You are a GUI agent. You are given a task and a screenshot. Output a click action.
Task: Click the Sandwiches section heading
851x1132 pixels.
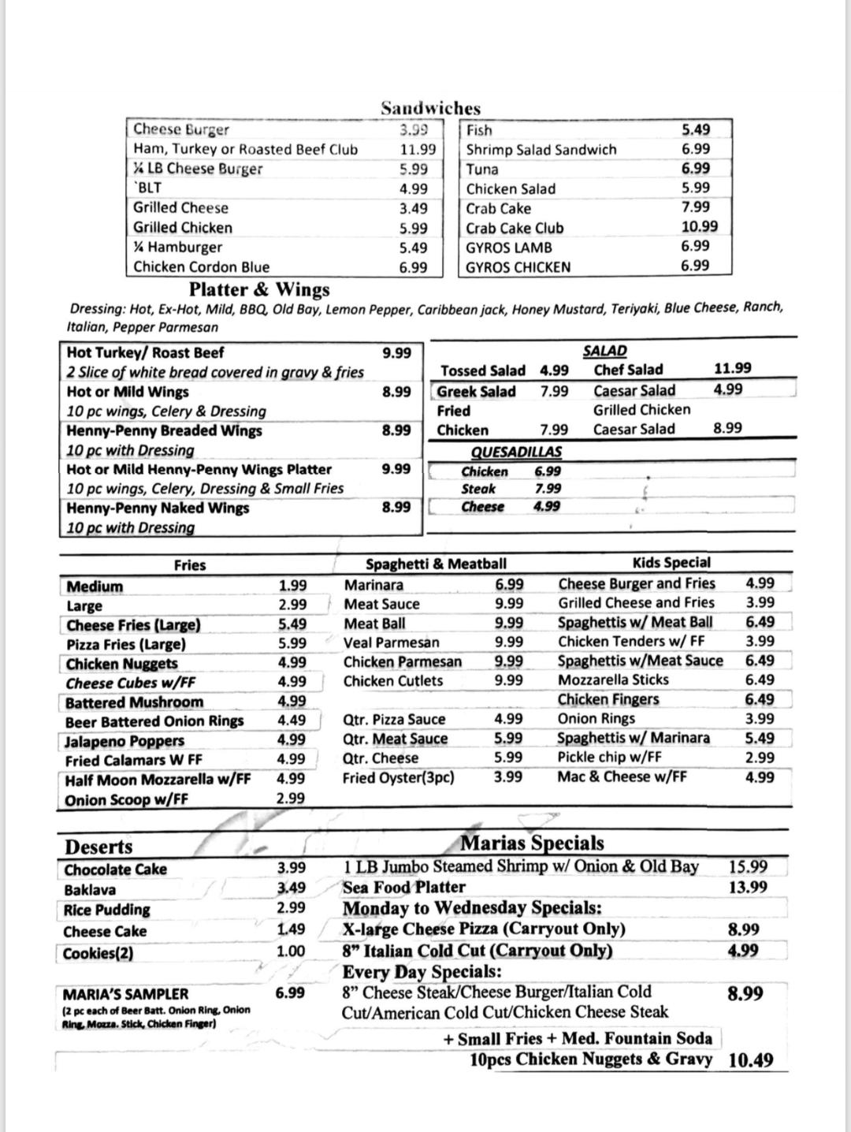pos(430,108)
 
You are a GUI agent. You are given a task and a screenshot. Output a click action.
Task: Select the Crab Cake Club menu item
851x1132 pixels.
pos(515,228)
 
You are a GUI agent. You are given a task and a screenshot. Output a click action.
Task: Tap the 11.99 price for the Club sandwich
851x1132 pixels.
pos(418,149)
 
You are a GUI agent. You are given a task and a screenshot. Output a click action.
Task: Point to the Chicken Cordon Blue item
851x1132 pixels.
pos(201,266)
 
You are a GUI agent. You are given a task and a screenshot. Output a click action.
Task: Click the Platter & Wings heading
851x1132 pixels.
pos(259,289)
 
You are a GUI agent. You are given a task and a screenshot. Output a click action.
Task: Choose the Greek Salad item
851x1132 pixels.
pos(476,392)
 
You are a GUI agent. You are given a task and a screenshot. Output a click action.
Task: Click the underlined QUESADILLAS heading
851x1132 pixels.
pos(516,452)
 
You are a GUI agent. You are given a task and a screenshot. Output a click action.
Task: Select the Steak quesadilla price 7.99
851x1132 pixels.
pos(548,489)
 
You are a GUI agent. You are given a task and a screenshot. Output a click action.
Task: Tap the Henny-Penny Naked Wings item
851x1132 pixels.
pos(158,508)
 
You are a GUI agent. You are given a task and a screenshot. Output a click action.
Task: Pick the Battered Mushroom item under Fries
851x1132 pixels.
pos(134,702)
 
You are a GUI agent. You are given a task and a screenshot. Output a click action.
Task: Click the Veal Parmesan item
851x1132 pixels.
pos(391,642)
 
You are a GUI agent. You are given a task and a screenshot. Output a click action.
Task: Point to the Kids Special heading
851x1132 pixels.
pos(671,563)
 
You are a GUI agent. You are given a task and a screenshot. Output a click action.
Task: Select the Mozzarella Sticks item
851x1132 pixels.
pos(613,680)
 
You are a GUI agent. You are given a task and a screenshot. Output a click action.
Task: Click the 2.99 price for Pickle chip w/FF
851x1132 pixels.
pos(760,758)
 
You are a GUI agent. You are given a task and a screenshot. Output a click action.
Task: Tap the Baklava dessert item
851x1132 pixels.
pos(90,890)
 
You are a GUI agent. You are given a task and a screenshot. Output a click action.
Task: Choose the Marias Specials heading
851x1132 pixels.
pos(532,843)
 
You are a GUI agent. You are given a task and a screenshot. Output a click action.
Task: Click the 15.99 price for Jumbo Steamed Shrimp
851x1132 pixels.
pos(748,866)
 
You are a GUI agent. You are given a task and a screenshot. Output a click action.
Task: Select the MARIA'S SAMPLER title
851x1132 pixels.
pos(125,994)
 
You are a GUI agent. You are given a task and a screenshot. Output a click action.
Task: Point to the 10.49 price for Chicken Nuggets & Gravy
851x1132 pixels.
pos(751,1060)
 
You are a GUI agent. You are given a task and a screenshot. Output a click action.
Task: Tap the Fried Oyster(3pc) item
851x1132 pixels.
pos(398,777)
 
